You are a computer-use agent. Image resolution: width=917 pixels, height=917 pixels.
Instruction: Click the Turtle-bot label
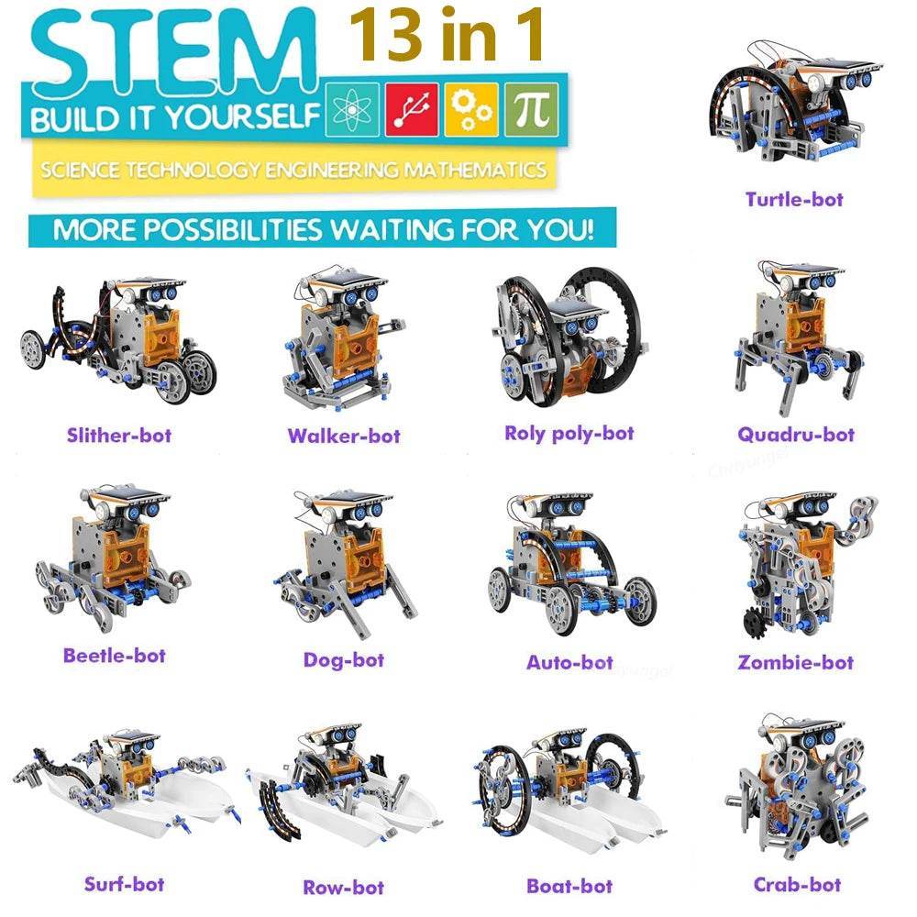[x=793, y=199]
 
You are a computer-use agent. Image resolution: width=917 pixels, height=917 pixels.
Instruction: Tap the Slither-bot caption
[x=118, y=435]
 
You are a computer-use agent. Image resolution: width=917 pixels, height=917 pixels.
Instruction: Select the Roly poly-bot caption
[x=569, y=434]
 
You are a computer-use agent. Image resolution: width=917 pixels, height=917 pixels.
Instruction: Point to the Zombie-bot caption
[x=795, y=662]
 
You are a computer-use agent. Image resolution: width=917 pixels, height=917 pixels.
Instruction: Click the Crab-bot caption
[x=797, y=884]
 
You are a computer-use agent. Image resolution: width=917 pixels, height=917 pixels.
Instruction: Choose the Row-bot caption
[x=343, y=887]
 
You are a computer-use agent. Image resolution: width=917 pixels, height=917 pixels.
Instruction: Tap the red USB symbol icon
[x=412, y=110]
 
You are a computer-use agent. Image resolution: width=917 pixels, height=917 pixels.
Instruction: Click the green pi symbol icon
[x=531, y=109]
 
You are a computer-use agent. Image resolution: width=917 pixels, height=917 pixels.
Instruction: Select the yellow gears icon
[x=471, y=110]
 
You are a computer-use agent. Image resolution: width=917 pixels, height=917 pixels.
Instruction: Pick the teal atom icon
[x=352, y=110]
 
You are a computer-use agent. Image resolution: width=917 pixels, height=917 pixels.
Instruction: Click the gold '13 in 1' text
[x=447, y=35]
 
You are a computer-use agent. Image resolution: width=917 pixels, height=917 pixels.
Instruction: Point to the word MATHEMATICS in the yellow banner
[x=475, y=170]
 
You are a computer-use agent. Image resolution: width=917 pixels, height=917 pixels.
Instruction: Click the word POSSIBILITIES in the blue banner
[x=233, y=229]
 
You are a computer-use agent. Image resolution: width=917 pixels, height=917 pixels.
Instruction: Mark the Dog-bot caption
[x=343, y=660]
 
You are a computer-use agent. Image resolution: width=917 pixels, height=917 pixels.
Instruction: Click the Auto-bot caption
[x=569, y=662]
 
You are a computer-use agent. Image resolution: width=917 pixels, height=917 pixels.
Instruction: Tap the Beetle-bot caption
[x=114, y=655]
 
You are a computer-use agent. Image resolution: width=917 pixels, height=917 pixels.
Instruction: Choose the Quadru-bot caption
[x=796, y=435]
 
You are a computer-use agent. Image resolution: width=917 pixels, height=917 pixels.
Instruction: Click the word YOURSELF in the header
[x=243, y=117]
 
